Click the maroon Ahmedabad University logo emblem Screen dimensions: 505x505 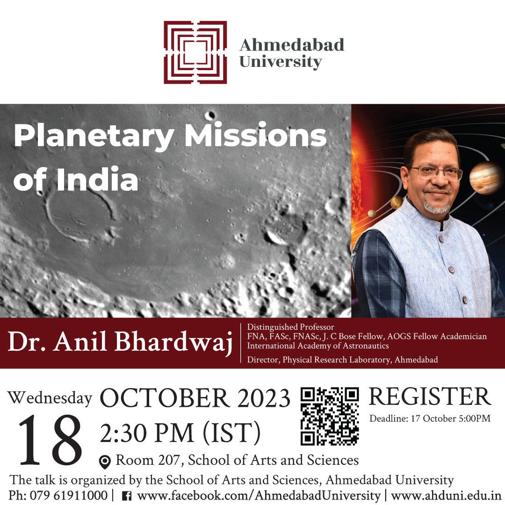point(195,52)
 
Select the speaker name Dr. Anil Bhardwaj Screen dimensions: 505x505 point(120,343)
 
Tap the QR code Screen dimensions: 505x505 point(330,416)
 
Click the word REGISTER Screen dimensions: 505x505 point(430,397)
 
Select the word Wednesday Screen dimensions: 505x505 point(50,398)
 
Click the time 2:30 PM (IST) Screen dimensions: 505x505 point(180,433)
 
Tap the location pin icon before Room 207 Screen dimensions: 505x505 point(105,462)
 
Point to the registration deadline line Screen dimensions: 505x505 point(430,418)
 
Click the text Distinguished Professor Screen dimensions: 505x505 point(291,327)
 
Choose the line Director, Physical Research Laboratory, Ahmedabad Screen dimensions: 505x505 point(342,360)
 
